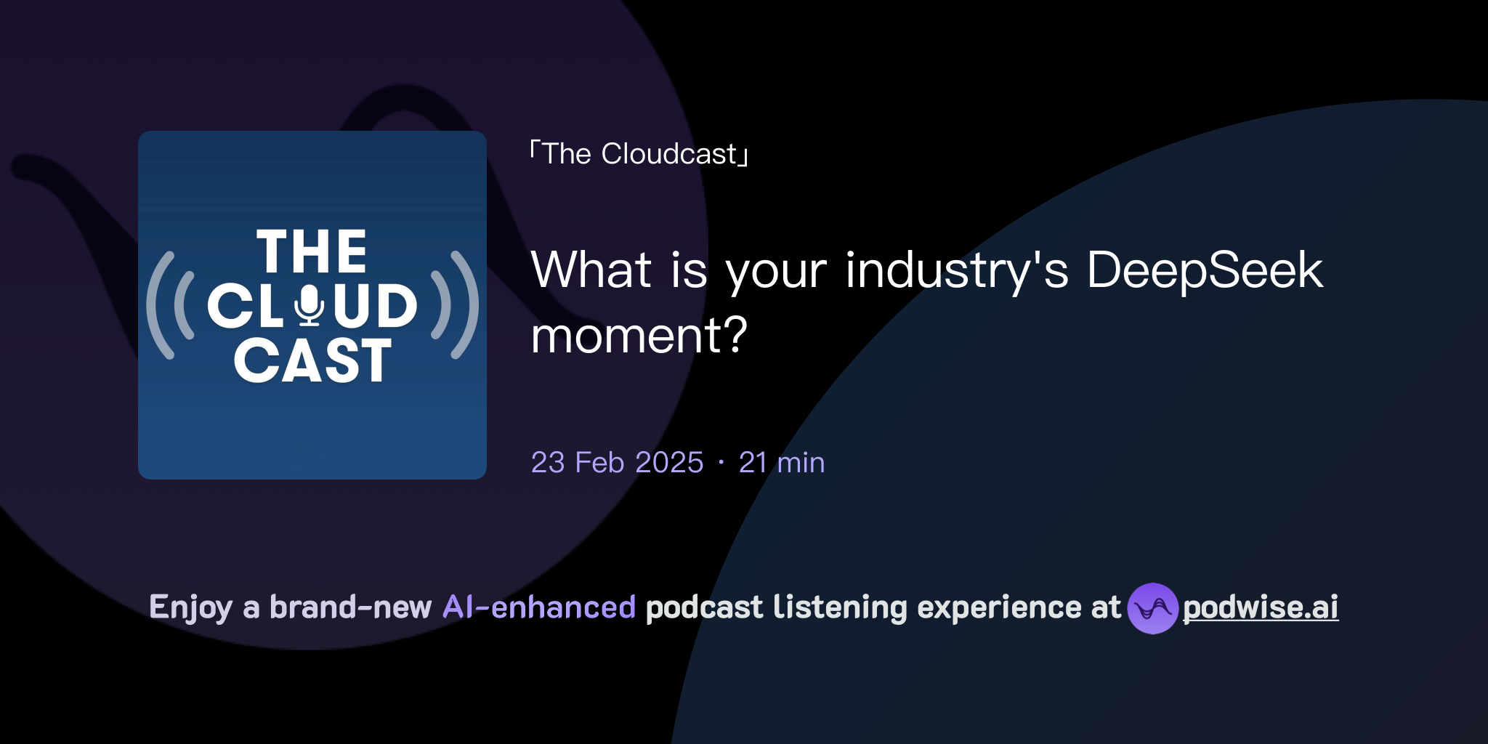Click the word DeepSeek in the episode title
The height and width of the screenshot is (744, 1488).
click(x=1205, y=270)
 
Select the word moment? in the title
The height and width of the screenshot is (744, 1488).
click(x=639, y=336)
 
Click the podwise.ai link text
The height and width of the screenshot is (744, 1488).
click(x=1261, y=607)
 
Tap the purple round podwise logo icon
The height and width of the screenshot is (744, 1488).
click(x=1152, y=608)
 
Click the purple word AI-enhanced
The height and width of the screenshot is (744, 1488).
click(x=539, y=607)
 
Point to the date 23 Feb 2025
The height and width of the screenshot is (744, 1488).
click(x=617, y=463)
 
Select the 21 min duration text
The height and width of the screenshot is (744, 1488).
click(x=782, y=463)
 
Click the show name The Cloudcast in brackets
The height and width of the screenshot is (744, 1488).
click(x=639, y=154)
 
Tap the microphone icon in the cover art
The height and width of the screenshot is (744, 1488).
click(x=310, y=304)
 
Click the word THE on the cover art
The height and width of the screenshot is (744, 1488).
click(x=312, y=252)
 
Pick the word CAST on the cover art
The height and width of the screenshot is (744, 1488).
click(x=312, y=360)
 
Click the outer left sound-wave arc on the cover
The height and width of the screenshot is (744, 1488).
click(x=159, y=305)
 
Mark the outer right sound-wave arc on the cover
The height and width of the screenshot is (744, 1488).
click(x=466, y=305)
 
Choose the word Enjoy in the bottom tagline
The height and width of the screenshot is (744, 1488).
click(x=191, y=608)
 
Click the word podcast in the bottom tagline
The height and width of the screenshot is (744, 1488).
click(x=704, y=607)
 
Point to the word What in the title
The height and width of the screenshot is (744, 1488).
click(x=591, y=270)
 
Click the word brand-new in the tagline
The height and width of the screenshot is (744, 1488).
click(x=350, y=607)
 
